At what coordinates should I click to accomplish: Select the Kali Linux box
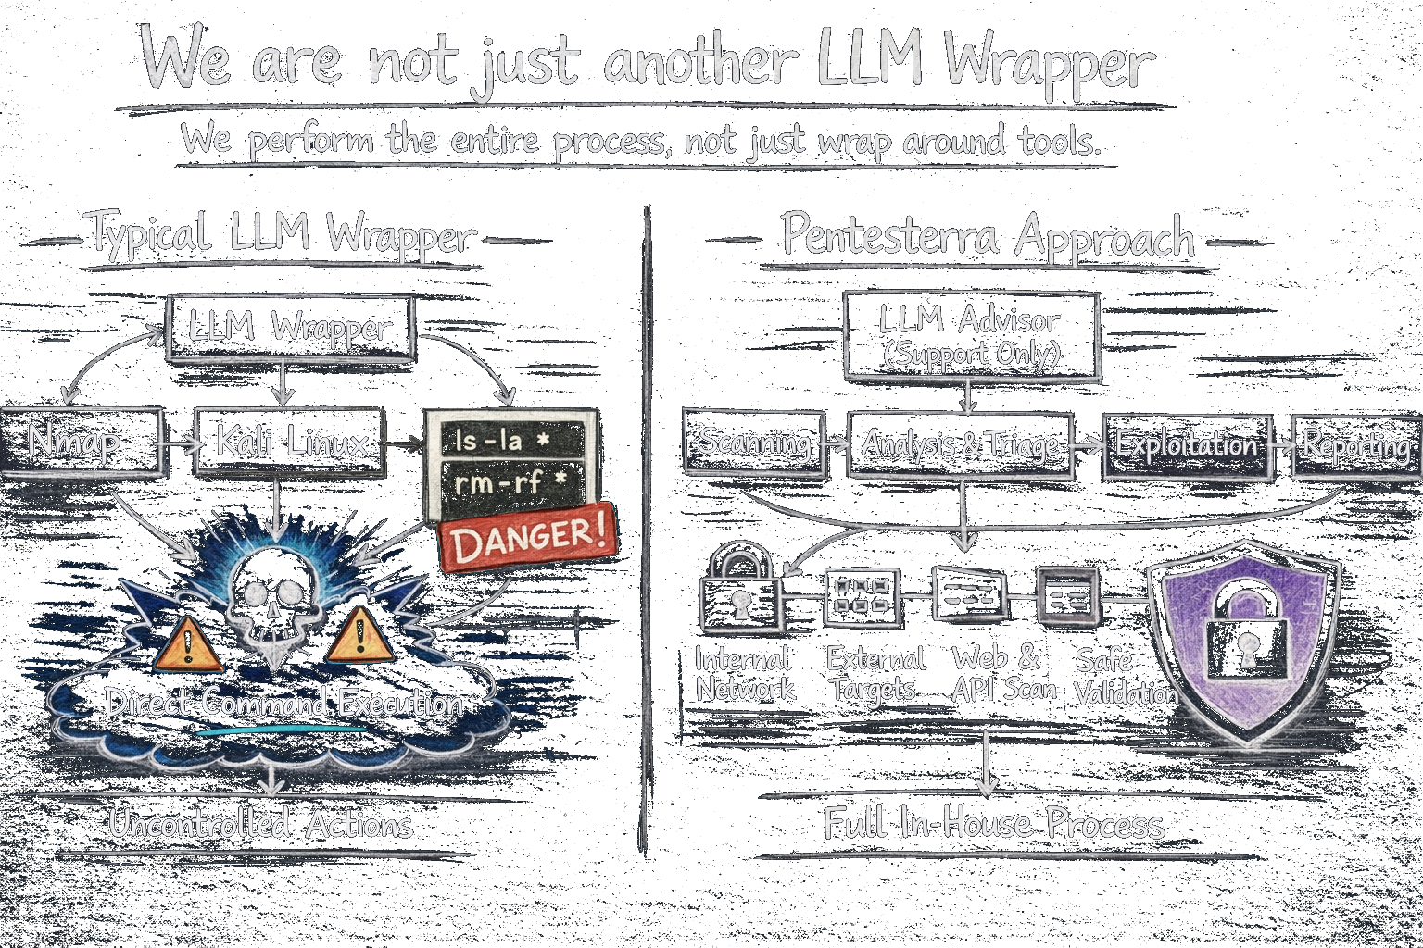291,443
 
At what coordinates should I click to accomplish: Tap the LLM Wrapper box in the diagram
289,328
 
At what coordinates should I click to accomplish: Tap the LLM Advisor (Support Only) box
971,336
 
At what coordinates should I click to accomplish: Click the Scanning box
753,443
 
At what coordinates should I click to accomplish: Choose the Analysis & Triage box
960,445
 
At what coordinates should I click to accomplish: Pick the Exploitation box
1185,445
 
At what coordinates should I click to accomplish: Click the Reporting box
1355,446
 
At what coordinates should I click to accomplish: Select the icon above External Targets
862,595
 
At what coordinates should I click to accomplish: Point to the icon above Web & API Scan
969,593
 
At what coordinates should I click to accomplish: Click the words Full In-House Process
993,824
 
